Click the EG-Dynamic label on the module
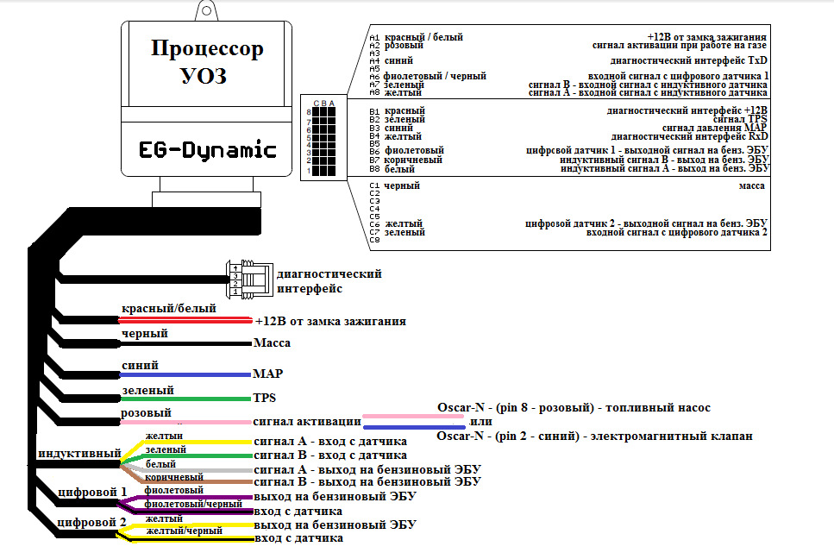tap(207, 150)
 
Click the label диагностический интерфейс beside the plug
tap(329, 281)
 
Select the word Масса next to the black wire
tap(272, 343)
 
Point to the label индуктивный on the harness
tap(78, 453)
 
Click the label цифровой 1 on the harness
tap(91, 492)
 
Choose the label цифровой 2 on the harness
tap(91, 522)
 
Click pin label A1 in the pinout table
tap(374, 38)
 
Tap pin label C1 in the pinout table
tap(374, 185)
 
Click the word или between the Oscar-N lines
tap(480, 423)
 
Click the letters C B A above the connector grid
tap(323, 104)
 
